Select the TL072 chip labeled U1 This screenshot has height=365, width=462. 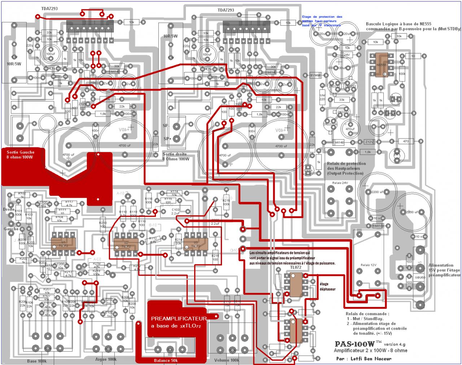pyautogui.click(x=64, y=243)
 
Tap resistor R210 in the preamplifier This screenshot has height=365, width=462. pyautogui.click(x=103, y=225)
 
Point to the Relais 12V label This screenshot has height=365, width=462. pyautogui.click(x=368, y=265)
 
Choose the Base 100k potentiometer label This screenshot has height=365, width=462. pyautogui.click(x=37, y=361)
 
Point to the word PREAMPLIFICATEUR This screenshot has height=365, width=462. pyautogui.click(x=179, y=319)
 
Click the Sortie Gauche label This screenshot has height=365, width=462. pyautogui.click(x=20, y=152)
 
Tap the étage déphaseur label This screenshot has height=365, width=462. pyautogui.click(x=327, y=287)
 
